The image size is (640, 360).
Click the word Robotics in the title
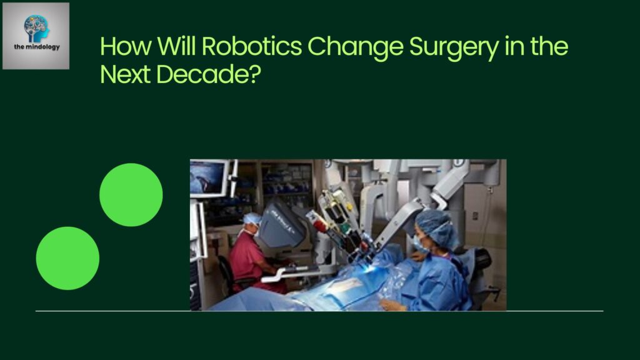point(251,46)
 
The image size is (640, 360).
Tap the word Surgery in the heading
point(454,47)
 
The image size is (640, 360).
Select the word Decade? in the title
point(209,74)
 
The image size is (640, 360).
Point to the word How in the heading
point(125,46)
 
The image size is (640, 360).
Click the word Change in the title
point(356,47)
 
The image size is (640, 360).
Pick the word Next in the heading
point(125,74)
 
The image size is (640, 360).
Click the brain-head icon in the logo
point(36,28)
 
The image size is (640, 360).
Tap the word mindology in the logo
point(42,47)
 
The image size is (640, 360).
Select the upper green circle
point(131,195)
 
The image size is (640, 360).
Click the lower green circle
point(67,258)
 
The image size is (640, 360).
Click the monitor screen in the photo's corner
point(208,178)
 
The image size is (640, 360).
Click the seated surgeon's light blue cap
point(252,218)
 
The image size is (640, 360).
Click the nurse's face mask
point(419,244)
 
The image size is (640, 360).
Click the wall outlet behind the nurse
point(475,216)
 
